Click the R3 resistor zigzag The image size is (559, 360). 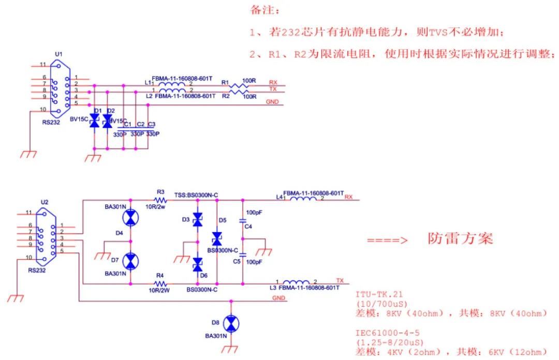[x=160, y=199]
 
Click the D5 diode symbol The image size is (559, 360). [x=216, y=238]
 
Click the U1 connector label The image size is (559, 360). [x=58, y=54]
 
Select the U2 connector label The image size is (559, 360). [x=45, y=202]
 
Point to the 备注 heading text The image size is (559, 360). [x=264, y=10]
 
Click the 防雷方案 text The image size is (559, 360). [x=460, y=238]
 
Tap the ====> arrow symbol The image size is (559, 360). [x=388, y=241]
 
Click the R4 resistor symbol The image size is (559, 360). [x=160, y=284]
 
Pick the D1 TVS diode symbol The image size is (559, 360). [x=94, y=121]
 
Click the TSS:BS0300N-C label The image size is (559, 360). [x=196, y=195]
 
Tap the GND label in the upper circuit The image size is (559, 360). [x=272, y=102]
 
